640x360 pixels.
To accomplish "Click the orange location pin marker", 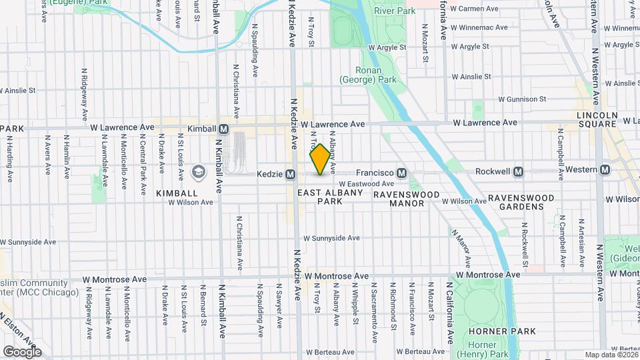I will click(320, 159).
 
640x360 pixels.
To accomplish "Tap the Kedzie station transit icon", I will click(291, 175).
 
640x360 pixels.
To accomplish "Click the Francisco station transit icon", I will click(401, 172).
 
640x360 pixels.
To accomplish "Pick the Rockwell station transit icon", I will click(518, 171).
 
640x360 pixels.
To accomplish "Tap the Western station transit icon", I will click(604, 169).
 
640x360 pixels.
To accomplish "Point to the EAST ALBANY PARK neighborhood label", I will click(330, 197).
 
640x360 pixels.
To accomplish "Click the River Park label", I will click(395, 11).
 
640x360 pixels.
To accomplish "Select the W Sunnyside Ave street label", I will click(331, 238).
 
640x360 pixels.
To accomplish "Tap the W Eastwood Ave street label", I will click(366, 183).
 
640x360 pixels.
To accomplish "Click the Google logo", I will click(22, 351).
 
